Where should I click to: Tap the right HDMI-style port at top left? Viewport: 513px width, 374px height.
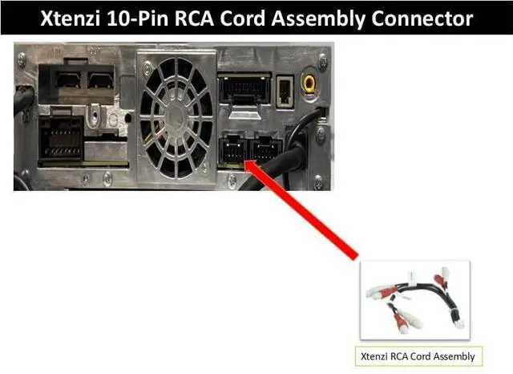pyautogui.click(x=101, y=79)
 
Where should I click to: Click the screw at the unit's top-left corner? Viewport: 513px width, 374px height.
pyautogui.click(x=22, y=59)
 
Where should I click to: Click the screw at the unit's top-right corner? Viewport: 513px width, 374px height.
pyautogui.click(x=322, y=60)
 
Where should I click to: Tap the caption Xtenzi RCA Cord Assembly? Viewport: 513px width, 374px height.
pyautogui.click(x=418, y=356)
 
